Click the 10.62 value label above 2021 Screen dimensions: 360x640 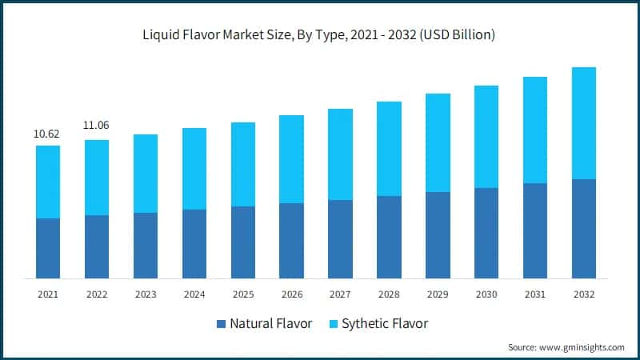(47, 134)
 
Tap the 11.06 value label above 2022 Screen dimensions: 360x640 (96, 126)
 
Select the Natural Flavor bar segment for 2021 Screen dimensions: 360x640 (48, 248)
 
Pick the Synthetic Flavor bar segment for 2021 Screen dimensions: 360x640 (48, 182)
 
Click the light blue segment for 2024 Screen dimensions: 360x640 (194, 169)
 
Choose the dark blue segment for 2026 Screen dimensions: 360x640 (291, 240)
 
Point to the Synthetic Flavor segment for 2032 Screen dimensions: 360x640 (584, 123)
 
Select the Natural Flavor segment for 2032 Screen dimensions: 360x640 (584, 229)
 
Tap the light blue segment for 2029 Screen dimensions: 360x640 (438, 142)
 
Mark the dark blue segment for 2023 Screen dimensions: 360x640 (146, 245)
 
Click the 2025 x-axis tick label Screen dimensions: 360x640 (243, 294)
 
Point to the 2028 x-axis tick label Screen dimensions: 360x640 (389, 294)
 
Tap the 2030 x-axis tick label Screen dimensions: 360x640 (486, 294)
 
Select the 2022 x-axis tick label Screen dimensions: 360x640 (97, 294)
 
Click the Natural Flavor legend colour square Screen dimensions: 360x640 (221, 324)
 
